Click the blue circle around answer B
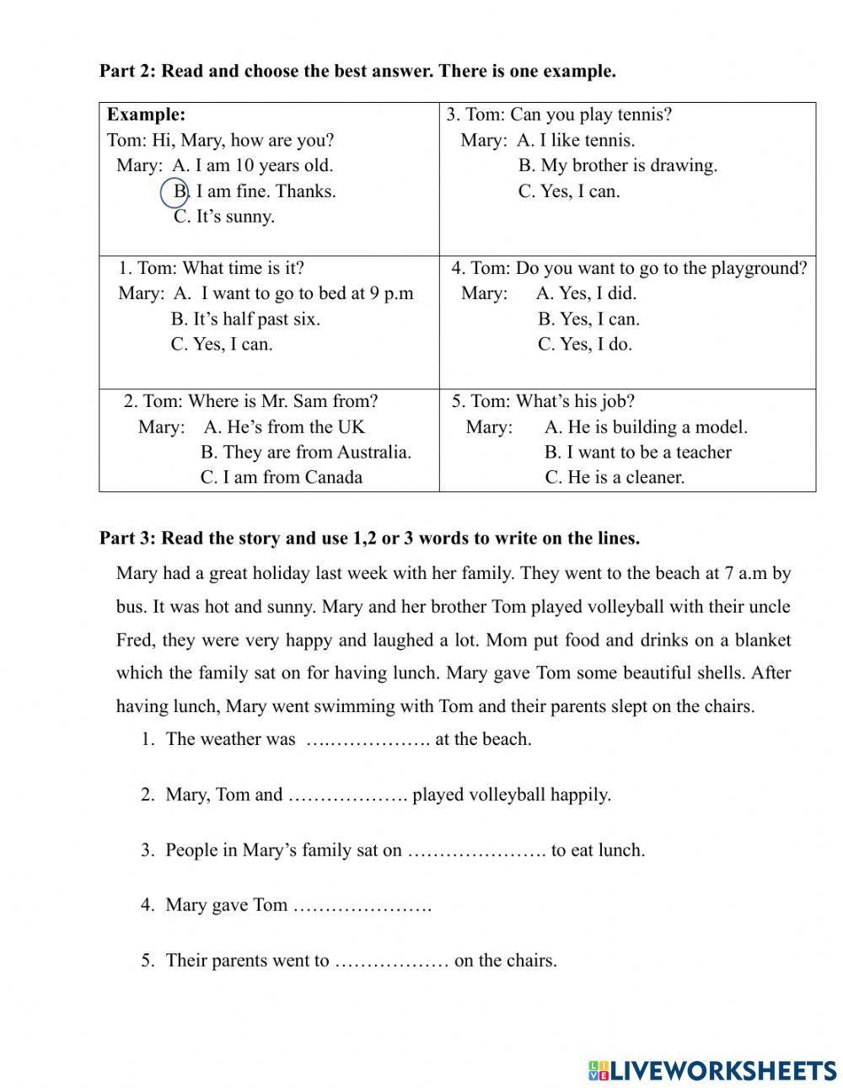(x=175, y=192)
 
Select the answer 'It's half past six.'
(x=245, y=319)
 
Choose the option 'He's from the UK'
(x=284, y=427)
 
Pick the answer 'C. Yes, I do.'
(x=584, y=345)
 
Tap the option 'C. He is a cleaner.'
(x=615, y=478)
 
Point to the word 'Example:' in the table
(x=146, y=115)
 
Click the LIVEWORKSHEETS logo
(x=712, y=1070)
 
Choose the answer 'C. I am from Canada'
(x=281, y=478)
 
